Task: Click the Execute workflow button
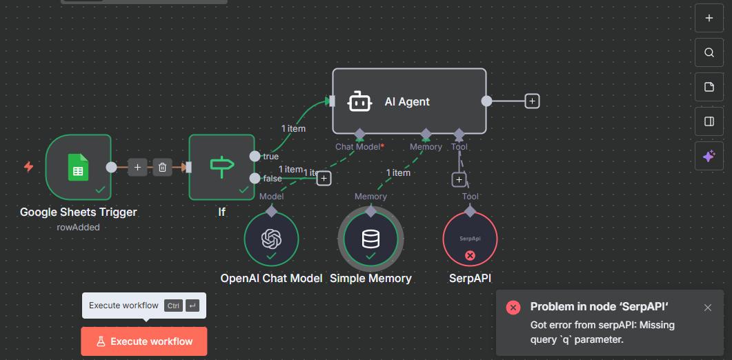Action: point(144,341)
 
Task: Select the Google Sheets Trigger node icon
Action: point(78,167)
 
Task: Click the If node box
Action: point(221,167)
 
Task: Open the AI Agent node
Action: point(409,101)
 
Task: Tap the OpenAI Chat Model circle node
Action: point(271,239)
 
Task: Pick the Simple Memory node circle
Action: point(370,239)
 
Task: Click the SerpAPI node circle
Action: point(470,239)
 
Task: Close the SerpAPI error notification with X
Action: point(708,308)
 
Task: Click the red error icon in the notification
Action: point(513,308)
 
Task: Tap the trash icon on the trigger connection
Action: point(162,167)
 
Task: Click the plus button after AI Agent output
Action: point(532,101)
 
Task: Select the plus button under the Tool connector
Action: point(459,180)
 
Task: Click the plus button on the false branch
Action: point(324,179)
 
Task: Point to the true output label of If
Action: point(270,157)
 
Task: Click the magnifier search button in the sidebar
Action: point(709,52)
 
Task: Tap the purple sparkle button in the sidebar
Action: point(709,157)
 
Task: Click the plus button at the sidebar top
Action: point(709,18)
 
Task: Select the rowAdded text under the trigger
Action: point(78,227)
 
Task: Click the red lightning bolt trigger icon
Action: point(28,167)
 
